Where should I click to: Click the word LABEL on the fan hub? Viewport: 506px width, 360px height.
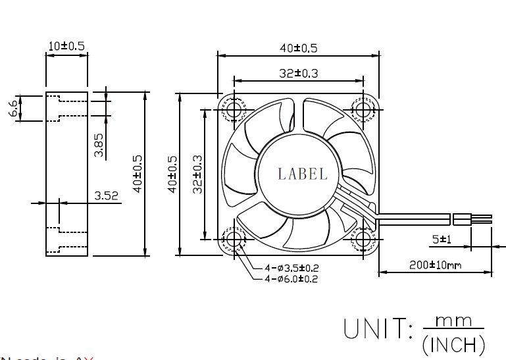tap(303, 174)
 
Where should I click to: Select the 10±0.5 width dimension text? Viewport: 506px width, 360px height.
tap(66, 46)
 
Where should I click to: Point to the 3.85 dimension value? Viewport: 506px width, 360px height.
tap(99, 145)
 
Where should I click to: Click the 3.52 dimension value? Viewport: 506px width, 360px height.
tap(106, 195)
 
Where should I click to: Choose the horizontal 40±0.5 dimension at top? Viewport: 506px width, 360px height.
tap(298, 48)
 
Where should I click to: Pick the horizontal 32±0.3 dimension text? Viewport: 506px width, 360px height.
tap(298, 73)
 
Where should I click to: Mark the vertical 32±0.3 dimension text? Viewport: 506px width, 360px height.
tap(197, 174)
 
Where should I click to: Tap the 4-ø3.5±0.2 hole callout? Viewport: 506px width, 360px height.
tap(291, 268)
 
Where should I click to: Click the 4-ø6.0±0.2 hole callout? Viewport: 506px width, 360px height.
tap(291, 279)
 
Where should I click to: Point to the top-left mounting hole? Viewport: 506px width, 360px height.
tap(234, 109)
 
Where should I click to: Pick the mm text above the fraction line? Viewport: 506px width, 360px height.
tap(454, 321)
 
